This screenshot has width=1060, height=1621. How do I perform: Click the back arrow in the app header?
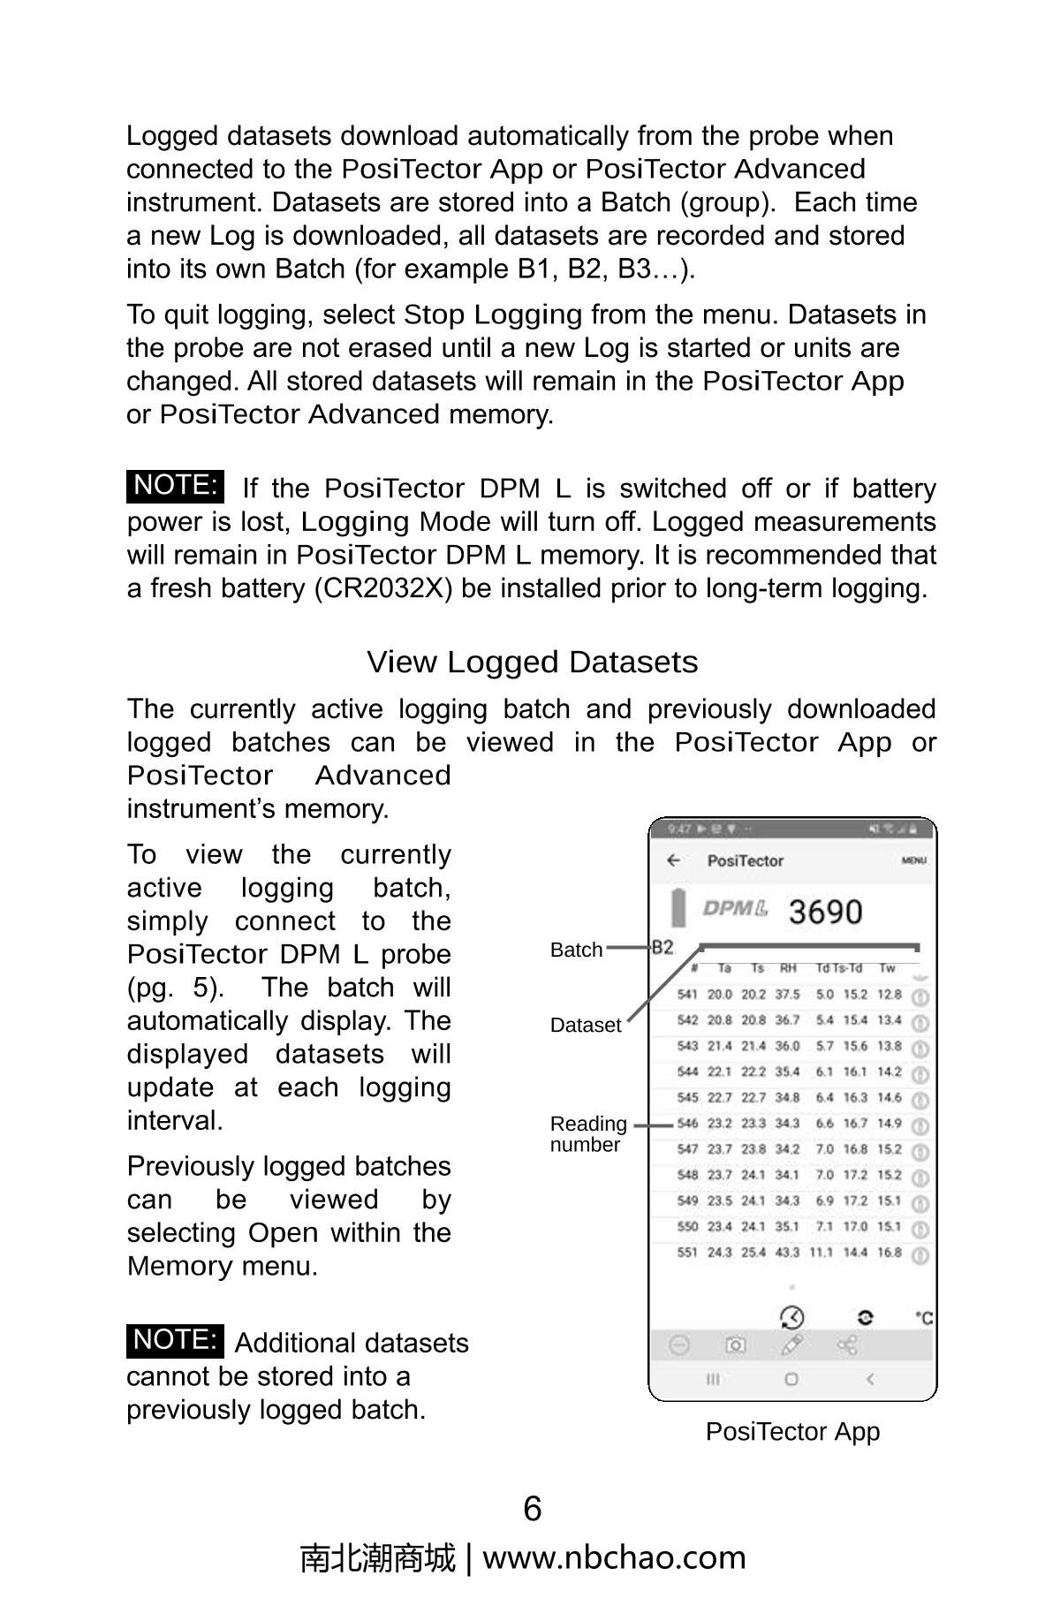[674, 860]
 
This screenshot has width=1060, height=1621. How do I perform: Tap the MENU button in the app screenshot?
[913, 860]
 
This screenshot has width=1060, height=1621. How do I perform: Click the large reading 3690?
[825, 912]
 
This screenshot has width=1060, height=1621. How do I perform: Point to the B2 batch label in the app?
[662, 948]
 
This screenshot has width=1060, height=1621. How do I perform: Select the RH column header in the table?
[788, 968]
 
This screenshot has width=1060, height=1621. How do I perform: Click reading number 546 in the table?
[687, 1124]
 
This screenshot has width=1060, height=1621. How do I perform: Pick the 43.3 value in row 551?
[788, 1253]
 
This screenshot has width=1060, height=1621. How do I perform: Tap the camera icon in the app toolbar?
[735, 1345]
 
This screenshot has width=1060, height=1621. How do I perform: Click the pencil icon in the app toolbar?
[792, 1345]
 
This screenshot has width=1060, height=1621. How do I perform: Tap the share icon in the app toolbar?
[847, 1345]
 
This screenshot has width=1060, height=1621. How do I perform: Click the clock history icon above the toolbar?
[792, 1317]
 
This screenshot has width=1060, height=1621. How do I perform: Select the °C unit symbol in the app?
[923, 1318]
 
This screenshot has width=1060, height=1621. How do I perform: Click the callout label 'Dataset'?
[586, 1026]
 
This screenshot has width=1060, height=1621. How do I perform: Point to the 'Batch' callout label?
[576, 951]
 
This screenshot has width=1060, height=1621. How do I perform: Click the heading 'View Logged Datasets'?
[532, 662]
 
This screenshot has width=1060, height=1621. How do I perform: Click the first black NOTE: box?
[175, 486]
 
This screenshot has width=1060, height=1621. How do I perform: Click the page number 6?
[532, 1509]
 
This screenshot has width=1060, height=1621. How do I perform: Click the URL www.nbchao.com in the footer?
[614, 1557]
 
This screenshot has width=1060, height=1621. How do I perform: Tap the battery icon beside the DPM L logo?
[678, 907]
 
